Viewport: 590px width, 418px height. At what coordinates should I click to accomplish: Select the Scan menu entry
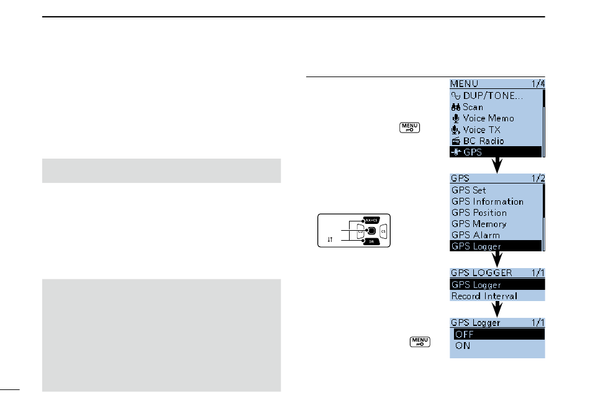click(473, 107)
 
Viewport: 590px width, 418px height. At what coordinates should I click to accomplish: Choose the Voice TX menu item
click(481, 130)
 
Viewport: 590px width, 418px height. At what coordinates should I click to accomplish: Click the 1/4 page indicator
click(537, 83)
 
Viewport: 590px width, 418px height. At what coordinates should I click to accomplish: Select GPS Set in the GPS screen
click(469, 190)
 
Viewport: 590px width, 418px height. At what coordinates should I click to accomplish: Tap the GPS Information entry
click(488, 202)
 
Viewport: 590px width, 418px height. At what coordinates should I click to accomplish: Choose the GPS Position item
click(479, 213)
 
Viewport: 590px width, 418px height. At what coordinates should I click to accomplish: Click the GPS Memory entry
click(479, 224)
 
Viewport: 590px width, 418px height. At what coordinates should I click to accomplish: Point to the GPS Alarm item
click(476, 235)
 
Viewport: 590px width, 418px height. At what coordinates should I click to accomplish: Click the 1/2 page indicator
click(537, 179)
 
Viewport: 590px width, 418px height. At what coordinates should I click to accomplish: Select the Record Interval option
click(484, 296)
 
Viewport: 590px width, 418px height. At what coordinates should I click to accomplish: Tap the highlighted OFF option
click(465, 335)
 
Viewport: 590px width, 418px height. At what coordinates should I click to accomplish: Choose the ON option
click(463, 346)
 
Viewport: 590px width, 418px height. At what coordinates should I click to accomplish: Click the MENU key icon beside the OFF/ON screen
click(420, 341)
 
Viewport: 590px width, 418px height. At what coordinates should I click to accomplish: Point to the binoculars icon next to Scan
click(456, 107)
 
